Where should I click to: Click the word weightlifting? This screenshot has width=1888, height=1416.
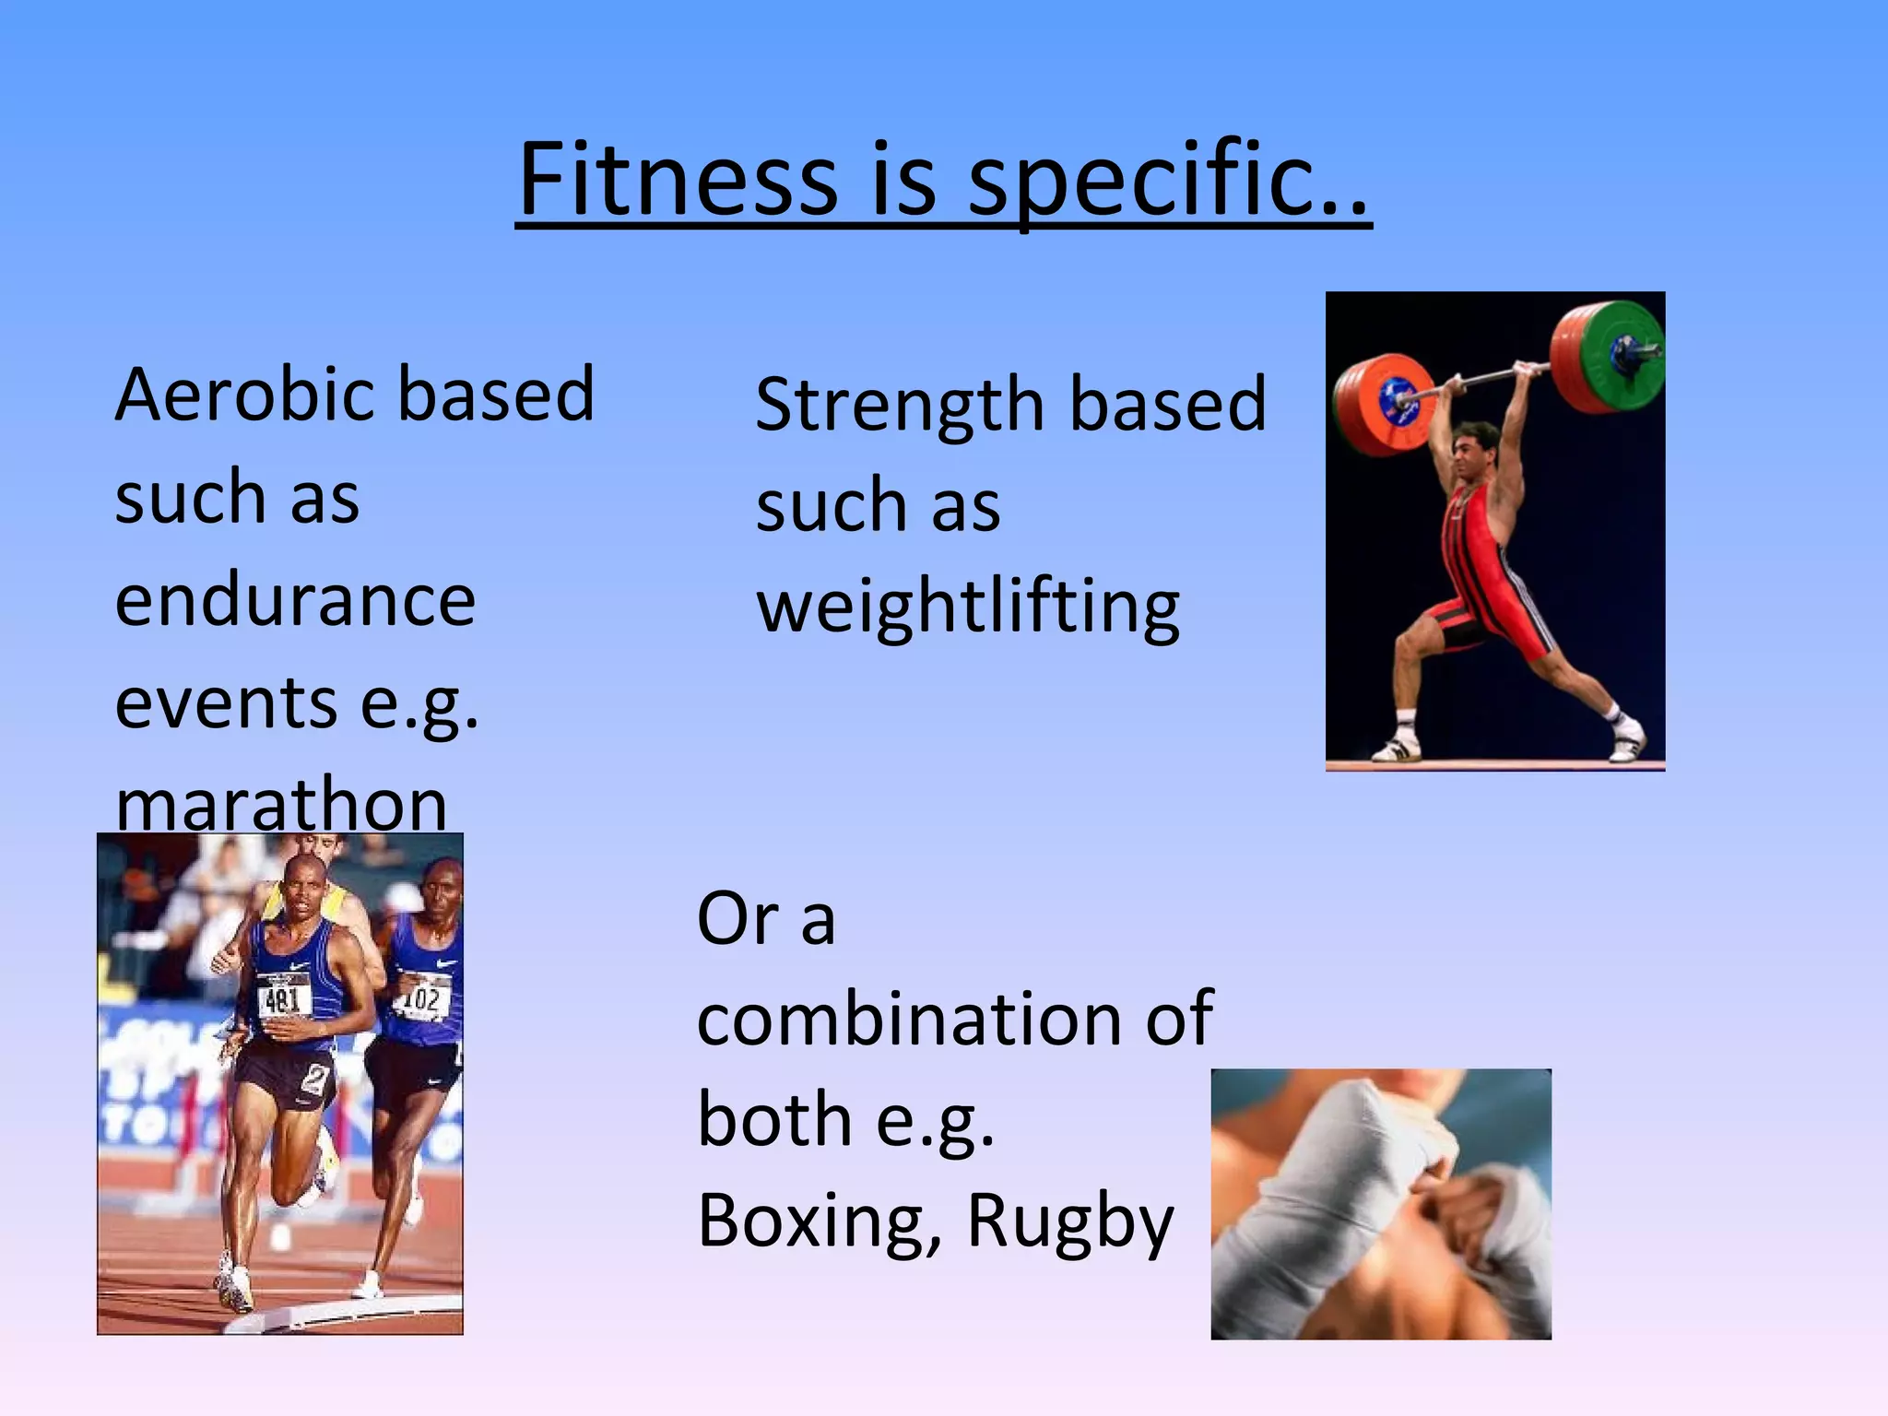point(968,608)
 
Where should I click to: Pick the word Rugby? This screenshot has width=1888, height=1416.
point(1069,1222)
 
